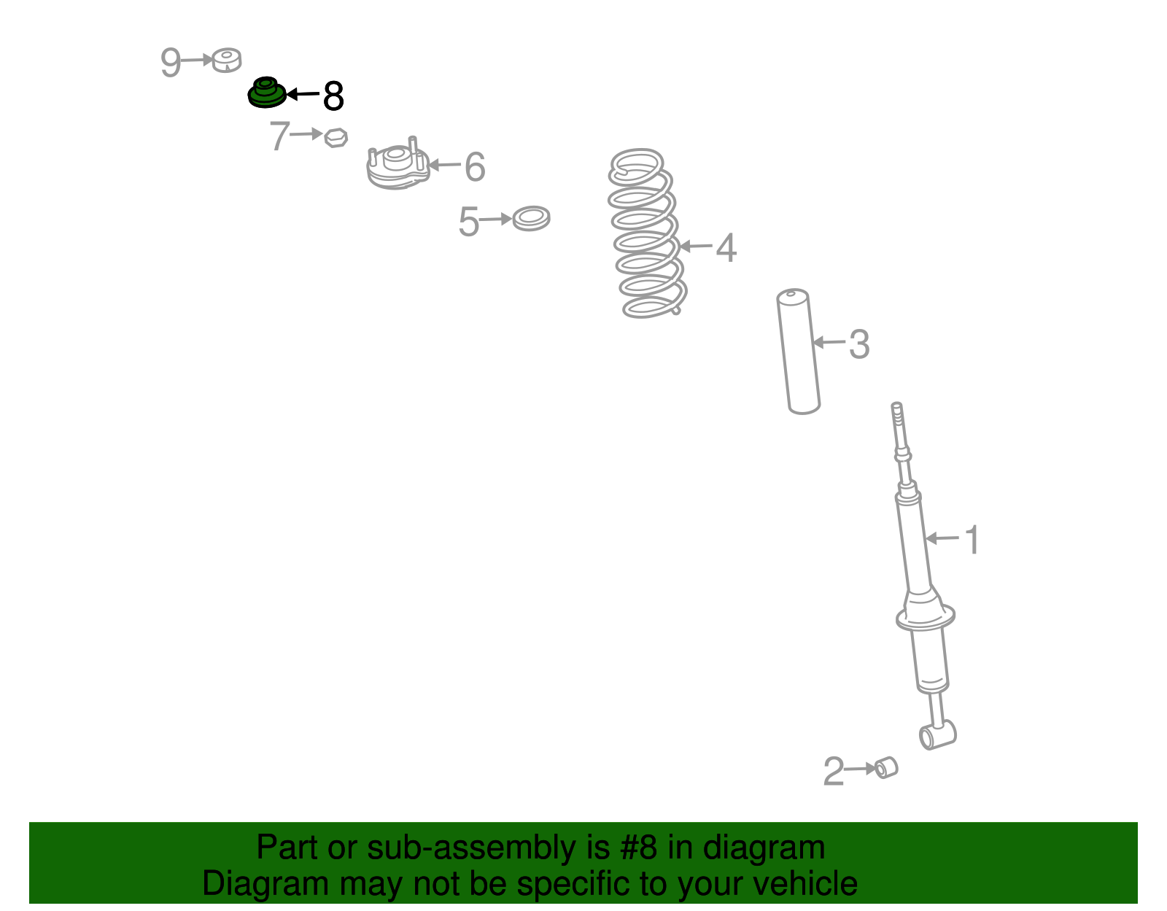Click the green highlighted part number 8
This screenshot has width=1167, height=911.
[266, 93]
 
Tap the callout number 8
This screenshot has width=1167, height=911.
[333, 96]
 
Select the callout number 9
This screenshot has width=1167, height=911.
[171, 62]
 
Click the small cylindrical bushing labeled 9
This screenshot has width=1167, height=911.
[226, 60]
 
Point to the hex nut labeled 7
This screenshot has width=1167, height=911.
[336, 138]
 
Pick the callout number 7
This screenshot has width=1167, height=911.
[280, 136]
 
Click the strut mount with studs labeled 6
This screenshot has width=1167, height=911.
[398, 163]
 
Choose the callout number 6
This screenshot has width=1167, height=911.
[475, 166]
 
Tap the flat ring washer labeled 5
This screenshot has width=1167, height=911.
[531, 219]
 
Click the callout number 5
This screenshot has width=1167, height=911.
[468, 221]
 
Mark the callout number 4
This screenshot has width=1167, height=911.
[726, 247]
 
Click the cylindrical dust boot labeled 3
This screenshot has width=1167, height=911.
[798, 352]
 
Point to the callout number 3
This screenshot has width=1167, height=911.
[858, 344]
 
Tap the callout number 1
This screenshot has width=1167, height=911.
[972, 540]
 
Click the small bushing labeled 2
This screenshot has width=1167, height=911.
[886, 767]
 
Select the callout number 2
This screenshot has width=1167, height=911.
[834, 772]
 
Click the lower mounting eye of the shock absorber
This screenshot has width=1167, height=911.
[938, 734]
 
